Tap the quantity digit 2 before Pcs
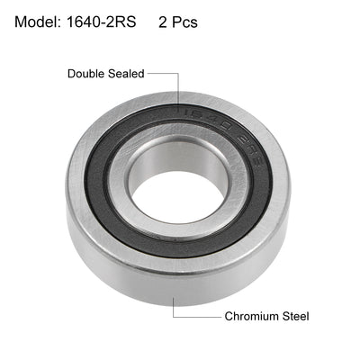pos(163,22)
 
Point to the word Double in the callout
pos(86,74)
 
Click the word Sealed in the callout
pos(126,74)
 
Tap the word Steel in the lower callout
pos(295,316)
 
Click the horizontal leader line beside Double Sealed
pos(162,74)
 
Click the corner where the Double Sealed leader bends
pos(177,74)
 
